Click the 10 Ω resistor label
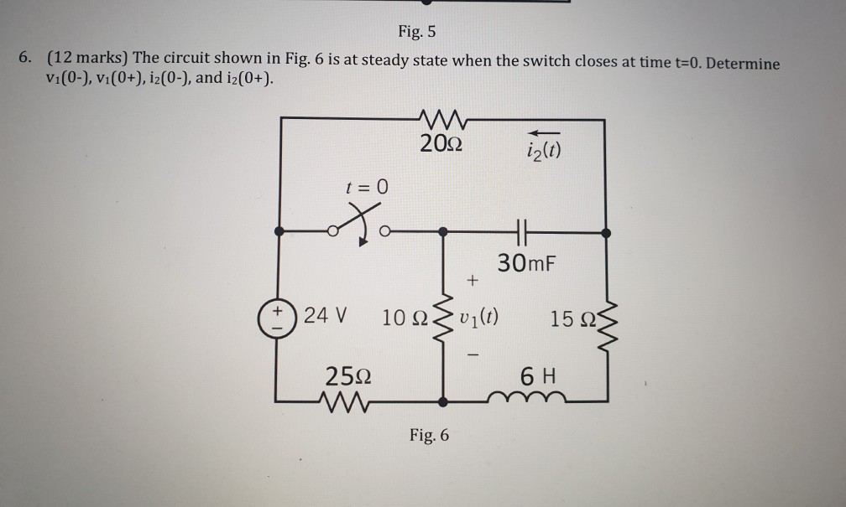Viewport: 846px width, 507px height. [x=405, y=319]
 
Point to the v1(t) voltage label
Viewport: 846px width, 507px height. [x=481, y=318]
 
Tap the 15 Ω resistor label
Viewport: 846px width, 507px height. [x=574, y=319]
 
